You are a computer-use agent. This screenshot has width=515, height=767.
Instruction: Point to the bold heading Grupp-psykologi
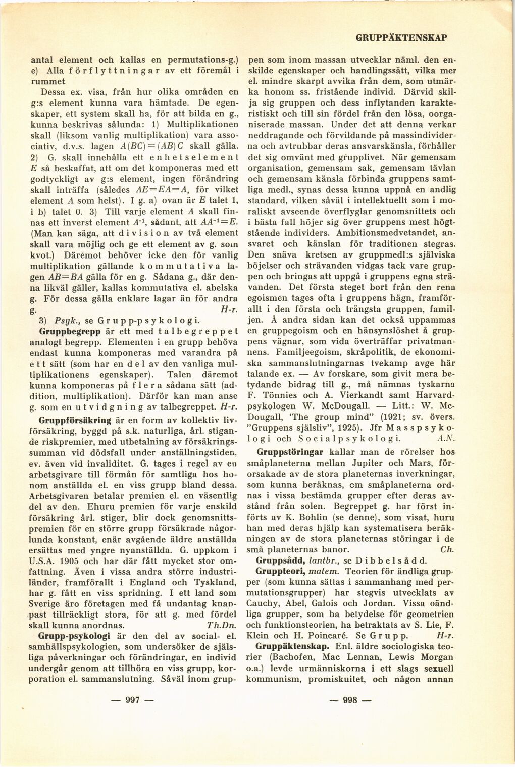point(72,635)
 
